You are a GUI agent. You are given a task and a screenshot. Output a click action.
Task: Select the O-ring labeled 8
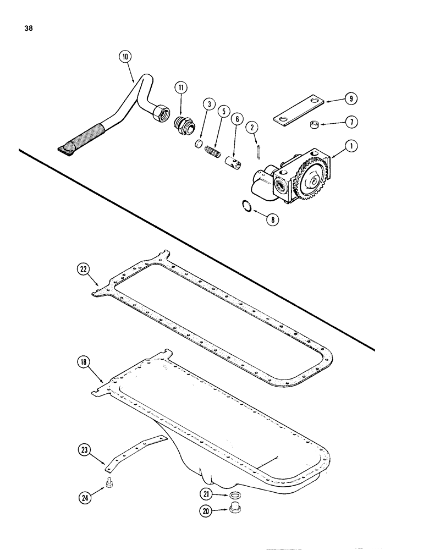pyautogui.click(x=249, y=206)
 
